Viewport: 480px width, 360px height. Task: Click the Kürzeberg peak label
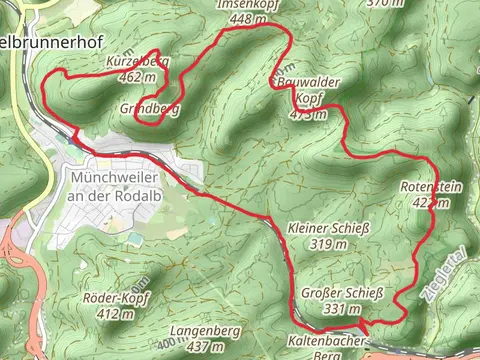[137, 62]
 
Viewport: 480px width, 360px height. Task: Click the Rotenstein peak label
[427, 188]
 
